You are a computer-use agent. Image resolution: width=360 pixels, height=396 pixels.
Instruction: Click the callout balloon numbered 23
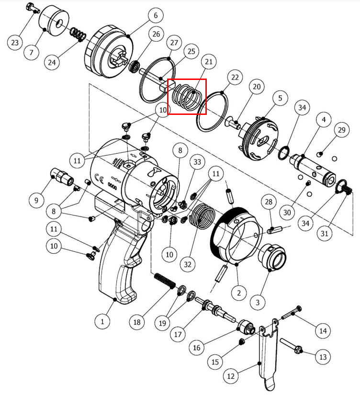coord(15,43)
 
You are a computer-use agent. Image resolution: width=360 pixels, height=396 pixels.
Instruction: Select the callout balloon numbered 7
coord(31,51)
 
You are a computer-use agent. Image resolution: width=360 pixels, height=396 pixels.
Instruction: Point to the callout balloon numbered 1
coord(102,321)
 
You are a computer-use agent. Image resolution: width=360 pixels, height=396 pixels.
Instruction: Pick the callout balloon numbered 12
coord(231,376)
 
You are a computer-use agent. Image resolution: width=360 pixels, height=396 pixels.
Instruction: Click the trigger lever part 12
coord(264,354)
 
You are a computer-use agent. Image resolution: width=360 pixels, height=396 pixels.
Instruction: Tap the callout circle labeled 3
coord(258,302)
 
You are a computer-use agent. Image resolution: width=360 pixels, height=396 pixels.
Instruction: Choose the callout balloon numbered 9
coord(36,200)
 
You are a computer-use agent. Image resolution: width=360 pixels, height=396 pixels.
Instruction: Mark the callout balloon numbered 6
coord(156,15)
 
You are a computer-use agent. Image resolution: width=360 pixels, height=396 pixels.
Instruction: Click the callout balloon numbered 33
coord(197,162)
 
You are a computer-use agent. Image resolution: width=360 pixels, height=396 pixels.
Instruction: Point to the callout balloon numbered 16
coord(197,348)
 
